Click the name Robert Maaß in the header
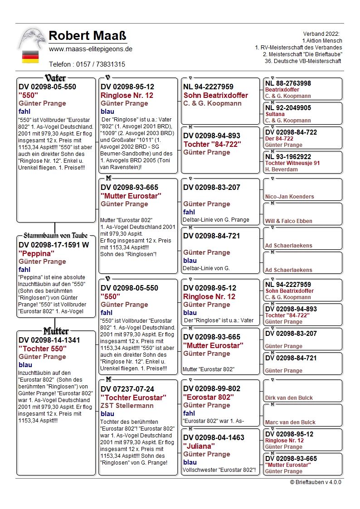[x=87, y=36]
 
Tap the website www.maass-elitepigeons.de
[x=90, y=49]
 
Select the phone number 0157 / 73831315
[x=87, y=64]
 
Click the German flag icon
[x=30, y=57]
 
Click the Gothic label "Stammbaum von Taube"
[x=55, y=236]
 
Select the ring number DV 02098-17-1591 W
[x=54, y=245]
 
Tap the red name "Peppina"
[x=36, y=254]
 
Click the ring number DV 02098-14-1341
[x=49, y=340]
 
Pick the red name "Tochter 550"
[x=42, y=349]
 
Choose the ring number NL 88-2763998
[x=288, y=83]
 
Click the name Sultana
[x=275, y=115]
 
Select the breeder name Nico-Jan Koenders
[x=289, y=197]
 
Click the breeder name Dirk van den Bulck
[x=289, y=398]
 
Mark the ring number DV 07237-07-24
[x=127, y=389]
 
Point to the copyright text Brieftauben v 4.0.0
[x=316, y=482]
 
